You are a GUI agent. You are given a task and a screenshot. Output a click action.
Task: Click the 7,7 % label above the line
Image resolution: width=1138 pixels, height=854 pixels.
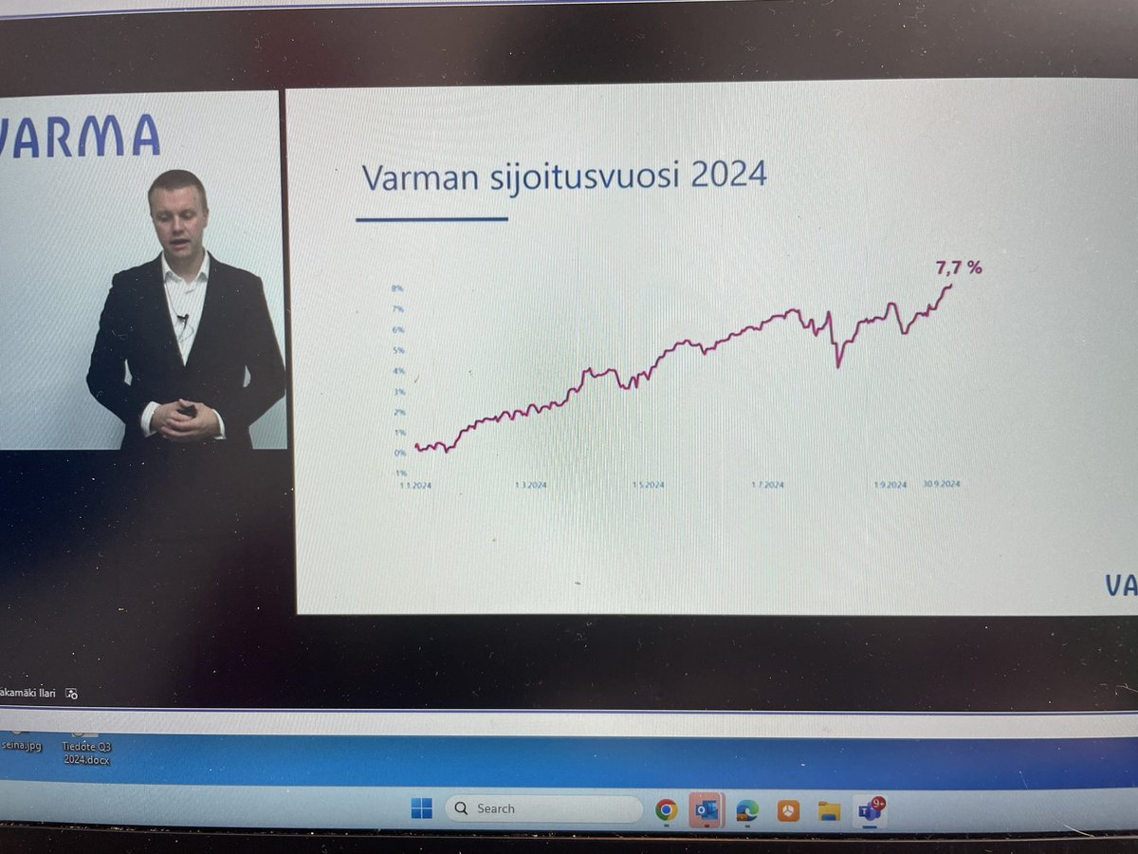(x=959, y=269)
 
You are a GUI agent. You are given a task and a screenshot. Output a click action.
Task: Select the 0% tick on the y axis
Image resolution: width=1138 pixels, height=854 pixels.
(x=399, y=453)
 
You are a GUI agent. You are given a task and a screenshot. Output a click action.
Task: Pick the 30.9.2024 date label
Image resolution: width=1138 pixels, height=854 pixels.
(x=942, y=484)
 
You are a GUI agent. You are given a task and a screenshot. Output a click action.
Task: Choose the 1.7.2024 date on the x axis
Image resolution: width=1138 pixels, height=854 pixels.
(x=767, y=485)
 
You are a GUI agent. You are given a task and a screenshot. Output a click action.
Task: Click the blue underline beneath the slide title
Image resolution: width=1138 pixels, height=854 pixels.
(x=431, y=219)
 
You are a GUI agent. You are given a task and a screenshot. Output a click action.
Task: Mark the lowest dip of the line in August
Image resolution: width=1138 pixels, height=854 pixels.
(x=837, y=365)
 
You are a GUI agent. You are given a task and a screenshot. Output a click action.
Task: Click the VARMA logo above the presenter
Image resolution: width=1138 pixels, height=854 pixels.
(x=80, y=135)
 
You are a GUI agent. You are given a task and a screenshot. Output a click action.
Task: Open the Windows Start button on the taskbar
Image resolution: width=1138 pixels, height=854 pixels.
(x=421, y=808)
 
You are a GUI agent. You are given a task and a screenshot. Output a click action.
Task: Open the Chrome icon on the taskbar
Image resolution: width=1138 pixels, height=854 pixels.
(x=666, y=809)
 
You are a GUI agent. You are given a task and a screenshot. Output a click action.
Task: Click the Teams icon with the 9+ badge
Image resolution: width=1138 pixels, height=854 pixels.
(x=869, y=809)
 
